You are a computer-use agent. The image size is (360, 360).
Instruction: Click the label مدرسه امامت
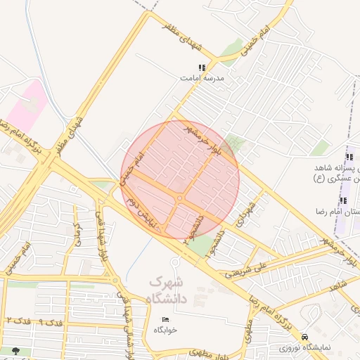(202, 79)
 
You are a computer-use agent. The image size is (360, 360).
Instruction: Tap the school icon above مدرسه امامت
(202, 68)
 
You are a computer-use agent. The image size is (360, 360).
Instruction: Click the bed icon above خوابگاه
(165, 319)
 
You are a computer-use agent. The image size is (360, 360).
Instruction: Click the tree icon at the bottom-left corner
(15, 350)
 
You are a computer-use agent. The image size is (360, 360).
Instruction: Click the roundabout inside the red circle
(181, 199)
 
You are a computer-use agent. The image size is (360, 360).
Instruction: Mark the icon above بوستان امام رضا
(343, 201)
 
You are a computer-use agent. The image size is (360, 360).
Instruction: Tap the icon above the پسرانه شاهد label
(349, 157)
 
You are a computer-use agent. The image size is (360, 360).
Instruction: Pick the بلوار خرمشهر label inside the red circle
(205, 138)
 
